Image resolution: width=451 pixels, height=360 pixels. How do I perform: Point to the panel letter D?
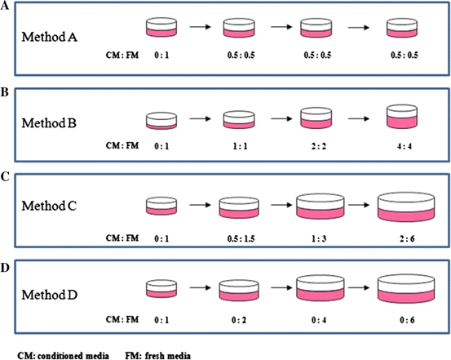coord(7,260)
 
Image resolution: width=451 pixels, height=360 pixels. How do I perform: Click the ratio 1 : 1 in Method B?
coord(237,151)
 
